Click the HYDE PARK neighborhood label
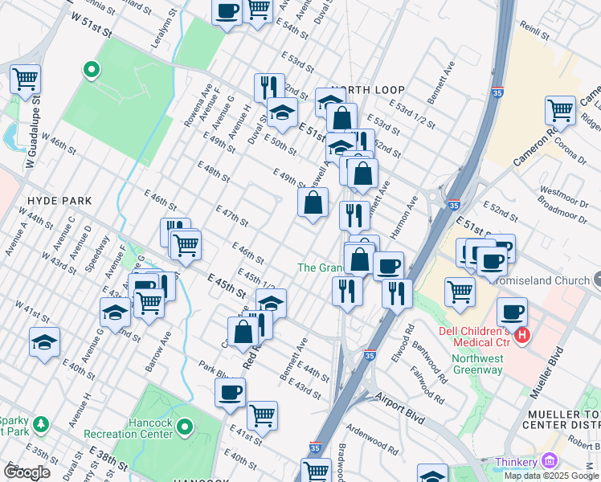[59, 200]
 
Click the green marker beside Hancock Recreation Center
[186, 427]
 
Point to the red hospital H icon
[523, 333]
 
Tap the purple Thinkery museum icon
[550, 461]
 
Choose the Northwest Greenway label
[477, 364]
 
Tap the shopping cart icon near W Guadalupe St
[26, 80]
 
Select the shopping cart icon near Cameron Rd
[560, 110]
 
